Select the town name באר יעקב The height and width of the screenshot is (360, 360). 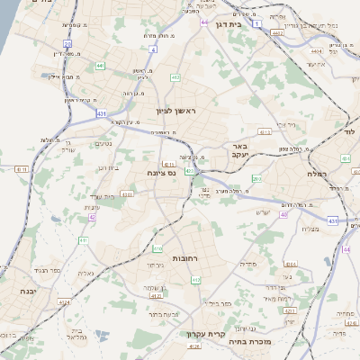click(263, 149)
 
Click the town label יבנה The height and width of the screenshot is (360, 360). click(30, 292)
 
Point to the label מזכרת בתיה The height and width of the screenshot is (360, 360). click(248, 341)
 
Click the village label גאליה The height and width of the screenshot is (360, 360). click(86, 274)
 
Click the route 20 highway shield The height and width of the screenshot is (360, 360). click(67, 42)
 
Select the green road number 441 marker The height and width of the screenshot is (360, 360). click(100, 66)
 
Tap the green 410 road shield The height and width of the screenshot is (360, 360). click(157, 247)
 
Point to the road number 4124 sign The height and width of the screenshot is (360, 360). click(156, 295)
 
